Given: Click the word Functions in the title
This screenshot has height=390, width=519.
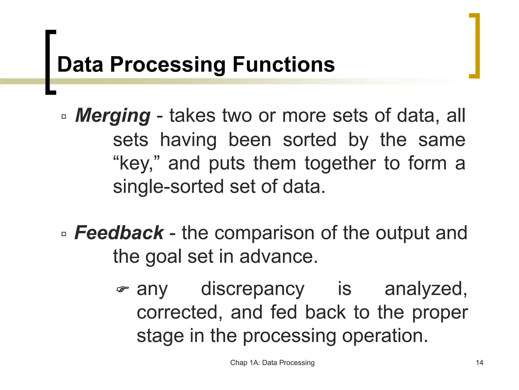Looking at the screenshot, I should click(x=284, y=64).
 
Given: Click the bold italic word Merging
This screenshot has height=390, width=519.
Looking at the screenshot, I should click(x=113, y=116).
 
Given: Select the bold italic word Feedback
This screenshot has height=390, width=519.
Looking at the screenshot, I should click(x=119, y=233).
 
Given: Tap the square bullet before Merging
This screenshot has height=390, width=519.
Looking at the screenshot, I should click(x=64, y=117).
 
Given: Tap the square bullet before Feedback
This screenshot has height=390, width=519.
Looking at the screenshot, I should click(x=64, y=234).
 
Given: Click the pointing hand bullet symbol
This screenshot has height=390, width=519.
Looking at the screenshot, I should click(x=123, y=289).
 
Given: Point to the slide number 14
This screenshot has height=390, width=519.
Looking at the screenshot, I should click(x=479, y=363).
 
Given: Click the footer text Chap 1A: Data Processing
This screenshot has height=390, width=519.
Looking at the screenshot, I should click(x=272, y=363).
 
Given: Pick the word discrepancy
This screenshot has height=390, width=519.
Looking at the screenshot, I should click(x=253, y=289).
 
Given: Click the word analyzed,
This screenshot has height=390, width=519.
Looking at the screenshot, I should click(x=426, y=289).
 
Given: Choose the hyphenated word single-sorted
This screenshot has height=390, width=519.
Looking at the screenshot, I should click(x=168, y=187).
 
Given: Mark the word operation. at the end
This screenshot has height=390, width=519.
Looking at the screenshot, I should click(x=385, y=336).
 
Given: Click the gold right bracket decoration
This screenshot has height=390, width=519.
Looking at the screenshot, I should click(x=475, y=46).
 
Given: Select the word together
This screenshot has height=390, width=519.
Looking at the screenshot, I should click(x=340, y=163).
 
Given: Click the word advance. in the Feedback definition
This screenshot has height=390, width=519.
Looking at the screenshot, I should click(x=279, y=256).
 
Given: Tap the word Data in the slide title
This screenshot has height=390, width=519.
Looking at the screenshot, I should click(x=80, y=64).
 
